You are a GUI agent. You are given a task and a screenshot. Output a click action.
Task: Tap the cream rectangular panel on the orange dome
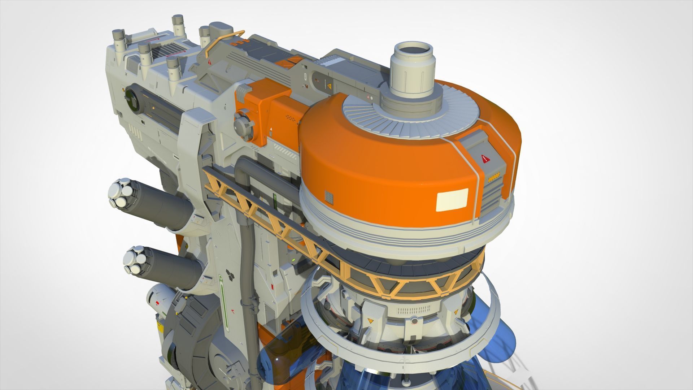tap(453, 200)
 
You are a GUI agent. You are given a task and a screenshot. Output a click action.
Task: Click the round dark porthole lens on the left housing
tap(133, 99)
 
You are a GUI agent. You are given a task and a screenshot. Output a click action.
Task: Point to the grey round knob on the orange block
tap(241, 124)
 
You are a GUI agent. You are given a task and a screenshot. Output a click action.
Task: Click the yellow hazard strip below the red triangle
tap(495, 177)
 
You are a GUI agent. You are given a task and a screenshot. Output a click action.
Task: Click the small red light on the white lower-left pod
tap(157, 301)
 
